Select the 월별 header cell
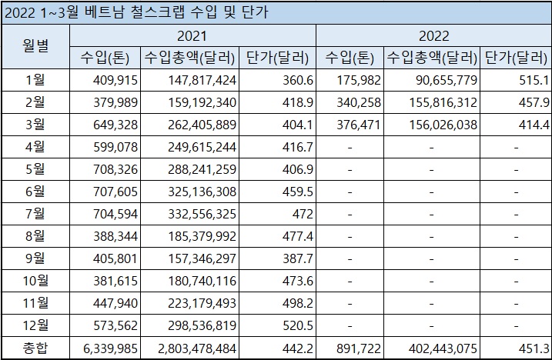click(x=35, y=45)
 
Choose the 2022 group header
click(x=433, y=35)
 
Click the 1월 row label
click(x=35, y=80)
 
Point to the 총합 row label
click(x=35, y=348)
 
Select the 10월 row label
click(x=35, y=281)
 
